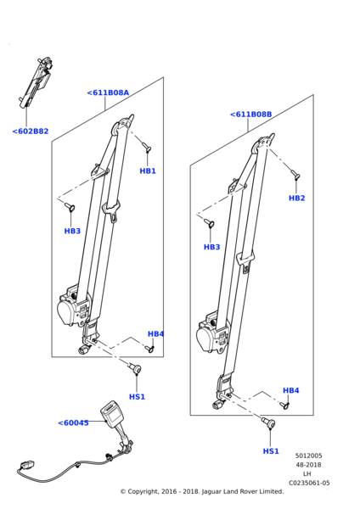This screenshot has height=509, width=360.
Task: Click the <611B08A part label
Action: click(108, 92)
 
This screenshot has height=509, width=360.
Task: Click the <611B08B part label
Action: click(250, 115)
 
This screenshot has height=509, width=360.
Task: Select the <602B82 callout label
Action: click(31, 131)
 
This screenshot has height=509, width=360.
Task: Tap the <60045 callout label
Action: click(73, 423)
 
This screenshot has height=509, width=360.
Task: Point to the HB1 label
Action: click(148, 171)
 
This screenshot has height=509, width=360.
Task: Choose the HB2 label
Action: click(297, 198)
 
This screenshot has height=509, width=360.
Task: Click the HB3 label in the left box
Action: click(72, 231)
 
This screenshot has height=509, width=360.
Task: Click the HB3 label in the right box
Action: click(212, 247)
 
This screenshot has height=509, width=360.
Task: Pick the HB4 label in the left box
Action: click(155, 333)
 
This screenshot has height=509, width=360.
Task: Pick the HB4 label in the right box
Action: click(290, 390)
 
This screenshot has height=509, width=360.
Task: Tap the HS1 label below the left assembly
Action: click(137, 397)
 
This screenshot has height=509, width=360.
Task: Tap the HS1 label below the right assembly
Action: click(271, 451)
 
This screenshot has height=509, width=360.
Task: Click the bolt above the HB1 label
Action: click(146, 148)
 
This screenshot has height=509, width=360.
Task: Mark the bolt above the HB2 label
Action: click(295, 174)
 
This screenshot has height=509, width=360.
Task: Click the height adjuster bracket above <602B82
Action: click(36, 83)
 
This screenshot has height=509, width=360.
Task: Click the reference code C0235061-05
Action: click(309, 483)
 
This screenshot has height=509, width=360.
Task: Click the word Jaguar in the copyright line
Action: click(211, 492)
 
